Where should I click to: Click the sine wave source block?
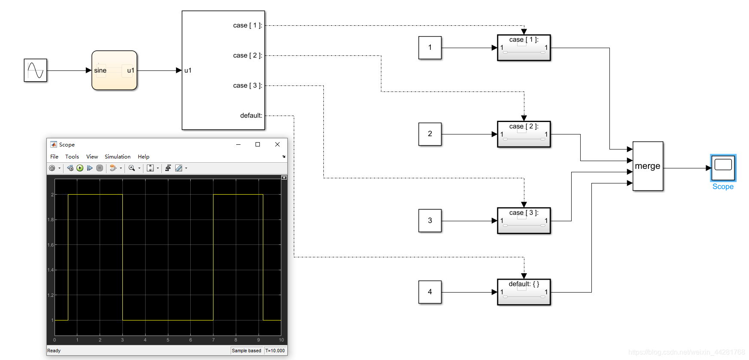(35, 70)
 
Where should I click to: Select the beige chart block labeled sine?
(114, 70)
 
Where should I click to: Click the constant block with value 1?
(430, 48)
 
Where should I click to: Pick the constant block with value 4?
(430, 292)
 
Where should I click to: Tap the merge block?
(648, 166)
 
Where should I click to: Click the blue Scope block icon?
(723, 168)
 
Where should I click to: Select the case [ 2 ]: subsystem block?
(524, 134)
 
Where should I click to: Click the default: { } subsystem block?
(524, 292)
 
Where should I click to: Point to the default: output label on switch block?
(251, 116)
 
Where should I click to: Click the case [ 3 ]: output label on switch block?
(247, 85)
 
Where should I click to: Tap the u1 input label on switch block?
(188, 70)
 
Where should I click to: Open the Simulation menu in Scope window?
(117, 157)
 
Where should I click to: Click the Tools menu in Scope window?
(72, 157)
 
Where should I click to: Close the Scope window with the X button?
(277, 144)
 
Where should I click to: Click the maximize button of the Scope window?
(258, 144)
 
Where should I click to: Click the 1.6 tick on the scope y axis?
(51, 245)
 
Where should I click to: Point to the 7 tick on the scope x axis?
(213, 340)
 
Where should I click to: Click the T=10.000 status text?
(275, 351)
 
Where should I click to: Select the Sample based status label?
(247, 351)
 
